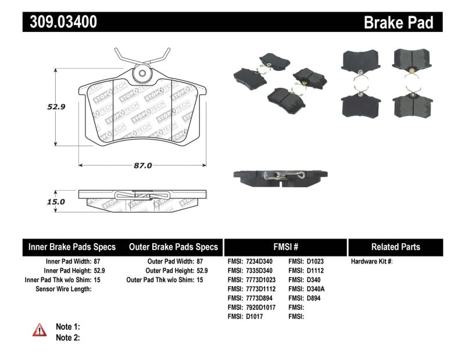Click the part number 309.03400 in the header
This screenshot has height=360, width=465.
60,22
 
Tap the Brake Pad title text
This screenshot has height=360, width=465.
398,22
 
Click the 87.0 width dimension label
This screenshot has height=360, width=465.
142,165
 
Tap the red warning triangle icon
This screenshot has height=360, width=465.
40,330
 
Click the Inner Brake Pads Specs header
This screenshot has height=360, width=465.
72,247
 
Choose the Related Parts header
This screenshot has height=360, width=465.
395,247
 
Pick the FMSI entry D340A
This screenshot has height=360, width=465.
314,289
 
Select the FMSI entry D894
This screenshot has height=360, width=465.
312,298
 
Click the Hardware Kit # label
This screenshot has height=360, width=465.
371,262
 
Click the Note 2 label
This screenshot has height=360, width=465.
67,337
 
